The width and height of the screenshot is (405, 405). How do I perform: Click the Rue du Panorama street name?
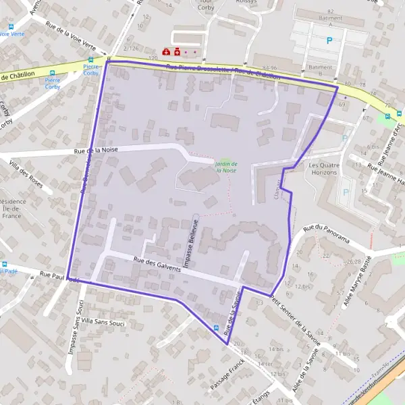327,234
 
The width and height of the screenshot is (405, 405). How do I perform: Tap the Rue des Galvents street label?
157,264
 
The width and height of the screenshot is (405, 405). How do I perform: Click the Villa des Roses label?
26,175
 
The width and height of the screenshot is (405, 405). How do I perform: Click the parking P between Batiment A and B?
329,40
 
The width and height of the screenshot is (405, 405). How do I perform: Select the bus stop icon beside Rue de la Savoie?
216,329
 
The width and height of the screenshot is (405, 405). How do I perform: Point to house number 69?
342,105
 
